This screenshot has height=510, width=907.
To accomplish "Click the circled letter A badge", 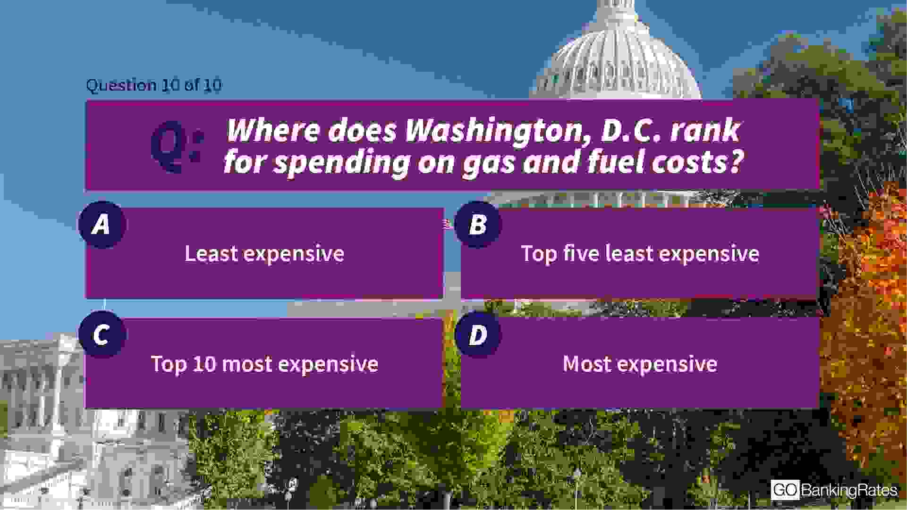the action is [102, 225].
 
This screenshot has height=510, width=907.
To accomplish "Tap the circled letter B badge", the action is [478, 225].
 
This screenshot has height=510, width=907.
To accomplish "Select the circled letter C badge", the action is [102, 334].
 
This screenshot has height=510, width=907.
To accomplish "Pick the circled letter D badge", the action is [478, 334].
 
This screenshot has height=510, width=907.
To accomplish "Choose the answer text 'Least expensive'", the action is [264, 254].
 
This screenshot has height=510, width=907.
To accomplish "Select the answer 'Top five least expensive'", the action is [640, 254].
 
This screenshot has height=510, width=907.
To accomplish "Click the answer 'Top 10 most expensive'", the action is [264, 364].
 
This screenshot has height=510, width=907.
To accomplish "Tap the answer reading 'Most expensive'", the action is [640, 364].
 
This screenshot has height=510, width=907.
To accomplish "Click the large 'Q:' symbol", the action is [177, 146].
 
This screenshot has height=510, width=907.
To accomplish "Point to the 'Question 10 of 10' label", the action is [154, 85].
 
